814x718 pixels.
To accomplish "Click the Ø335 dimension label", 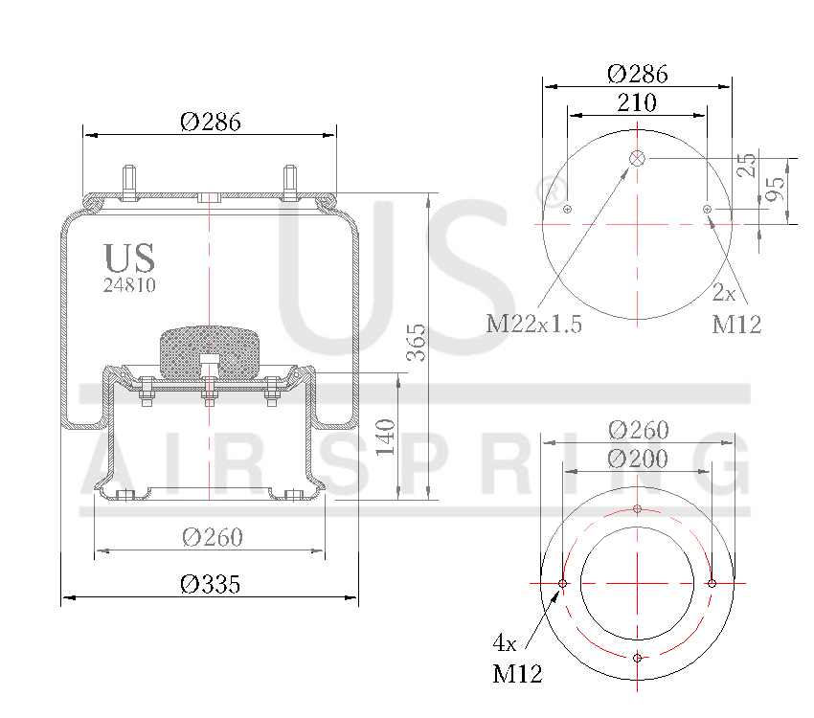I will tap(211, 584).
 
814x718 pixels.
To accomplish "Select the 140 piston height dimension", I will tap(387, 437).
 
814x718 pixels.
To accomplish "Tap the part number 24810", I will tap(129, 284).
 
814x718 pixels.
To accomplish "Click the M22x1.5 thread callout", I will tap(534, 324).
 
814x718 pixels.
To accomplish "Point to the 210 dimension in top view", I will tap(637, 102).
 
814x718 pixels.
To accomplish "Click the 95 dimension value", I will tap(778, 188).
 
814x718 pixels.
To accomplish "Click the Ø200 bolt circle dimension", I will tap(637, 460).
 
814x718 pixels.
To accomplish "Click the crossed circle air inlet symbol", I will tap(638, 159).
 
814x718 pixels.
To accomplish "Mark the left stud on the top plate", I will tap(129, 182).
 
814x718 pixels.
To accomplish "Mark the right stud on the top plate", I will tap(289, 182).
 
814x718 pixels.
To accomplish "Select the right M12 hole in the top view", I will tap(707, 209).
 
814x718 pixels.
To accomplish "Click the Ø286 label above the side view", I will tap(210, 122).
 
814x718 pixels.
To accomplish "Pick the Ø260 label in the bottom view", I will tap(637, 430).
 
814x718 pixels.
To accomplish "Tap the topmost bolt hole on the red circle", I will tap(638, 508).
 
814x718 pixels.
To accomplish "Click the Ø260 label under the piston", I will tap(212, 537).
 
